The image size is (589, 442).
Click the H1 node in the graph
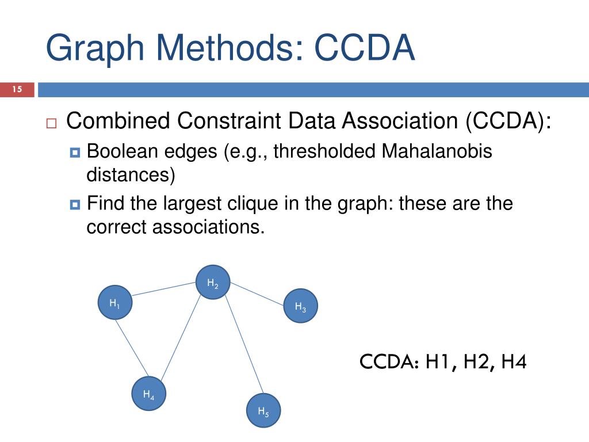pyautogui.click(x=115, y=303)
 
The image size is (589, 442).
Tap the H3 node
pyautogui.click(x=301, y=306)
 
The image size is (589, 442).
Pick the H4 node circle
pyautogui.click(x=148, y=394)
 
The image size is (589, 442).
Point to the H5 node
pyautogui.click(x=263, y=411)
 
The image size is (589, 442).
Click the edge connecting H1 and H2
pyautogui.click(x=164, y=290)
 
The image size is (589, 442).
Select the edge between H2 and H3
pyautogui.click(x=257, y=295)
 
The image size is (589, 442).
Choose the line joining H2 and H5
pyautogui.click(x=243, y=345)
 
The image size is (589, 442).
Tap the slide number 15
pyautogui.click(x=17, y=90)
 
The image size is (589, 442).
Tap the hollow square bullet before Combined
pyautogui.click(x=51, y=123)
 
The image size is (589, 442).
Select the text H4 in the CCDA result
pyautogui.click(x=514, y=363)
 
